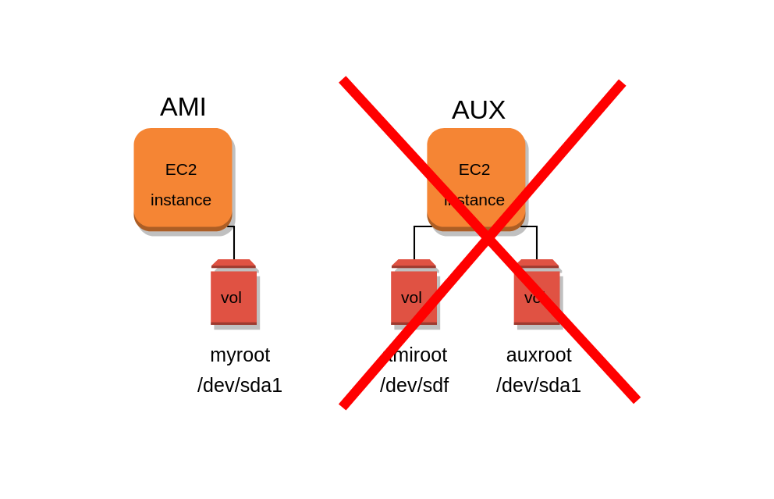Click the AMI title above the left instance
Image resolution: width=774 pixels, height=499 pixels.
tap(183, 107)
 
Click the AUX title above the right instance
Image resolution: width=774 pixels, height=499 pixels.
tap(478, 110)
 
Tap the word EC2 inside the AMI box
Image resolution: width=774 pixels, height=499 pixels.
tap(181, 169)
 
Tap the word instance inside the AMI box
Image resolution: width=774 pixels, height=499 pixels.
tap(181, 200)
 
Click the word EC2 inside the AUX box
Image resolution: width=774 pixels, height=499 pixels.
tap(474, 169)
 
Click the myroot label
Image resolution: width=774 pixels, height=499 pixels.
tap(240, 355)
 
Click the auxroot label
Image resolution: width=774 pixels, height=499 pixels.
tap(538, 355)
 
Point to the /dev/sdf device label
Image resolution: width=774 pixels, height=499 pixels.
tap(414, 385)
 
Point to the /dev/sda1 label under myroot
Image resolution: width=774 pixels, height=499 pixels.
tap(240, 385)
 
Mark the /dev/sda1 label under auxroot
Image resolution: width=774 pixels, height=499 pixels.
tap(538, 385)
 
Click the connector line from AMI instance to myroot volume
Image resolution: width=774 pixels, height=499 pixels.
tap(234, 244)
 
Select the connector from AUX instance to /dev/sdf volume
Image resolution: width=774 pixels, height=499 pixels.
tap(414, 244)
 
